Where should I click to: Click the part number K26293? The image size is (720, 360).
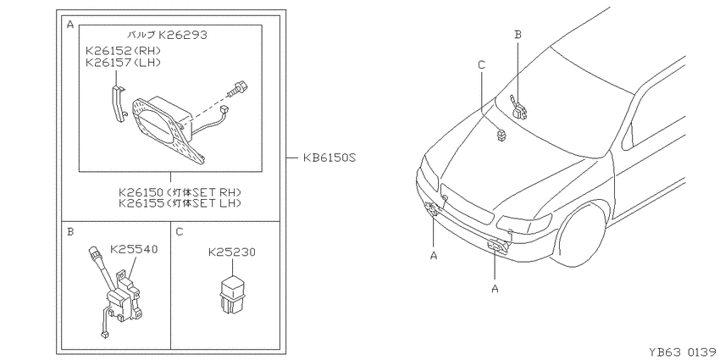pyautogui.click(x=183, y=35)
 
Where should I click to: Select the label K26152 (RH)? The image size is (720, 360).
pyautogui.click(x=123, y=50)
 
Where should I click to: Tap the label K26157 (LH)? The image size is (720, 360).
pyautogui.click(x=123, y=62)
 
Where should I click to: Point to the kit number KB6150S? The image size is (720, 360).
pyautogui.click(x=330, y=158)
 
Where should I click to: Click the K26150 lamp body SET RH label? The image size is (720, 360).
pyautogui.click(x=180, y=191)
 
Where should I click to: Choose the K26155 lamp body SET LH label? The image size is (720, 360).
pyautogui.click(x=180, y=202)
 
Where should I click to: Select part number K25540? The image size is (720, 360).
pyautogui.click(x=134, y=249)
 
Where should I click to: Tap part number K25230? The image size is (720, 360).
pyautogui.click(x=232, y=252)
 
